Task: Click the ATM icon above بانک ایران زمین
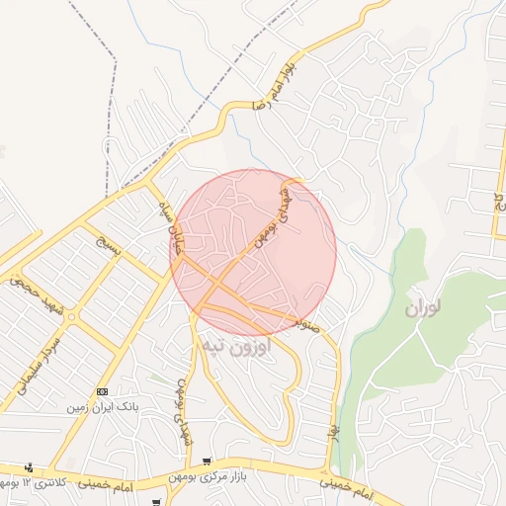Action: point(103,391)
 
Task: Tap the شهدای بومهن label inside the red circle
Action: point(273,213)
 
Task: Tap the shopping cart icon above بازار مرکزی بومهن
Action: point(208,462)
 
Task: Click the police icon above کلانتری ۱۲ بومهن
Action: point(30,468)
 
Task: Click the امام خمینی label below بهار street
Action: point(346,484)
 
